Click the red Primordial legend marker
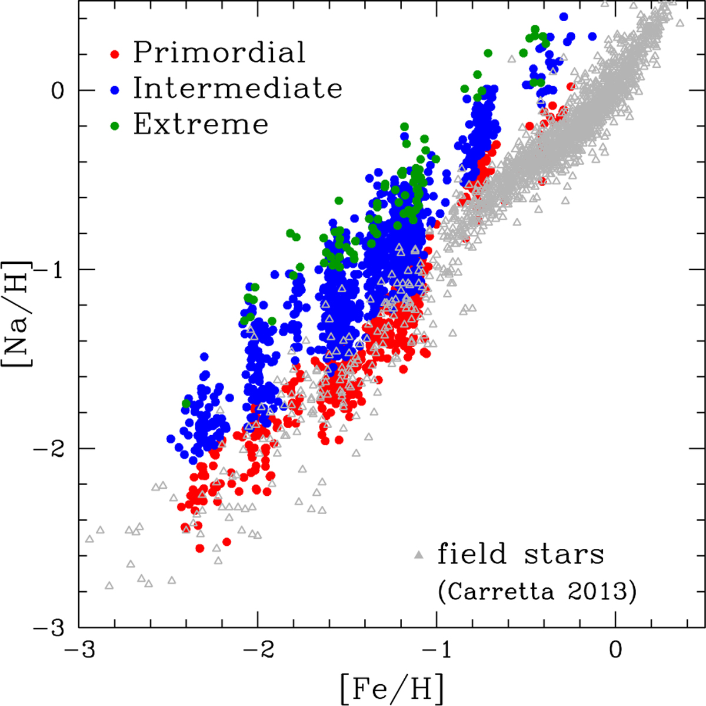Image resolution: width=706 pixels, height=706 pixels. [116, 54]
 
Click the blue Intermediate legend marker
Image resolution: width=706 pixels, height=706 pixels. [116, 90]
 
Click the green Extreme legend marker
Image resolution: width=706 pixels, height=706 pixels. [116, 126]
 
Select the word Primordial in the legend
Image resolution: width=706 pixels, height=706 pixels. [219, 52]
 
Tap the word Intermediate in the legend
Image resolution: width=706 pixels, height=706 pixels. [238, 88]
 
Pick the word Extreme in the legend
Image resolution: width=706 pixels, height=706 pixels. [201, 124]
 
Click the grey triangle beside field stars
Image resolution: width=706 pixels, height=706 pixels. [419, 555]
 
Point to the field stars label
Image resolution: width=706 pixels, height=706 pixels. [521, 555]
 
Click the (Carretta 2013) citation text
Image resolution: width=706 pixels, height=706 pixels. [537, 591]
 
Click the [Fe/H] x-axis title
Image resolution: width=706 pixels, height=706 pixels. [391, 687]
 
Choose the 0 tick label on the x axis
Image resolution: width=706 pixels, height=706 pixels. [615, 650]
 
